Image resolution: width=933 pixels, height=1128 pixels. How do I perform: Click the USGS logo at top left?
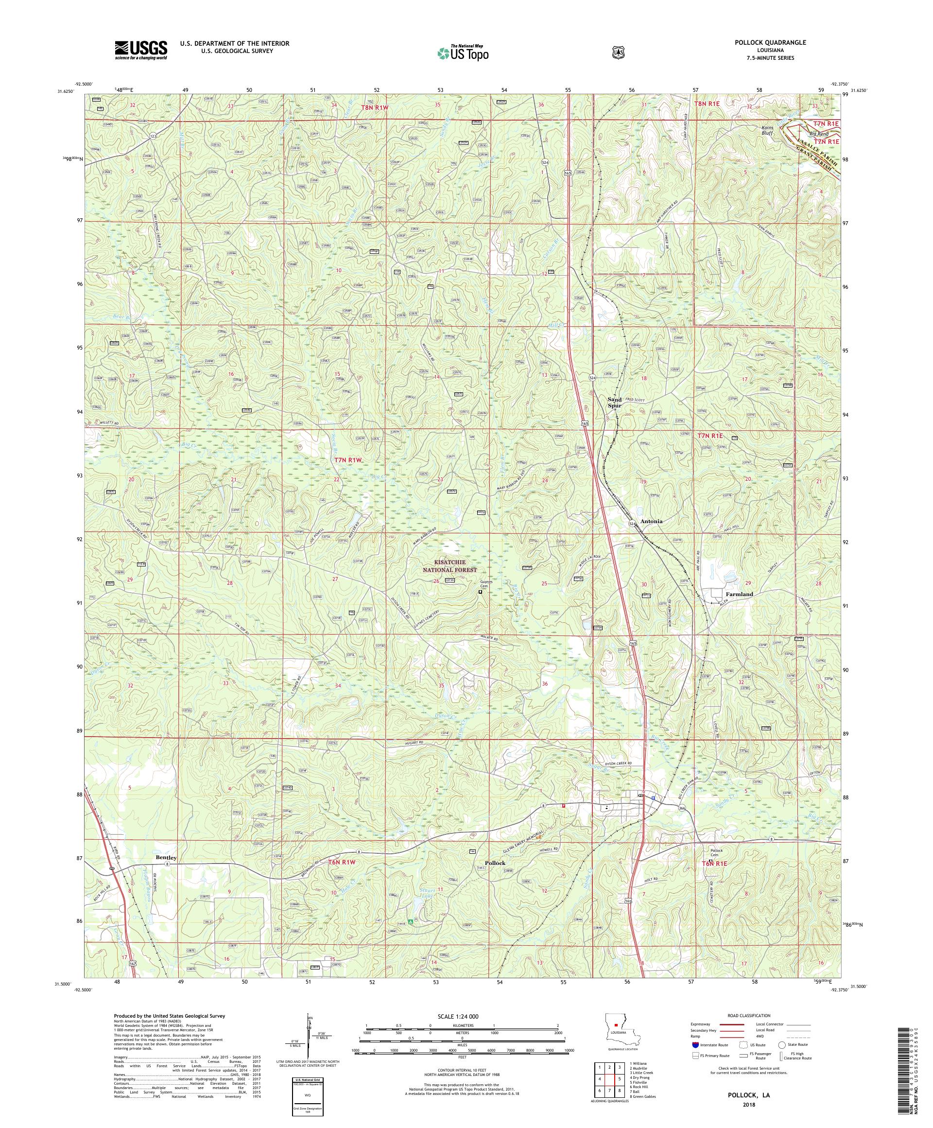pyautogui.click(x=140, y=50)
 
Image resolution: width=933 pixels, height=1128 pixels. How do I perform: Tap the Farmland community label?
pyautogui.click(x=739, y=594)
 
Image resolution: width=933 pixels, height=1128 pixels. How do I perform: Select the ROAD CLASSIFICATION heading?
pyautogui.click(x=749, y=1016)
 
